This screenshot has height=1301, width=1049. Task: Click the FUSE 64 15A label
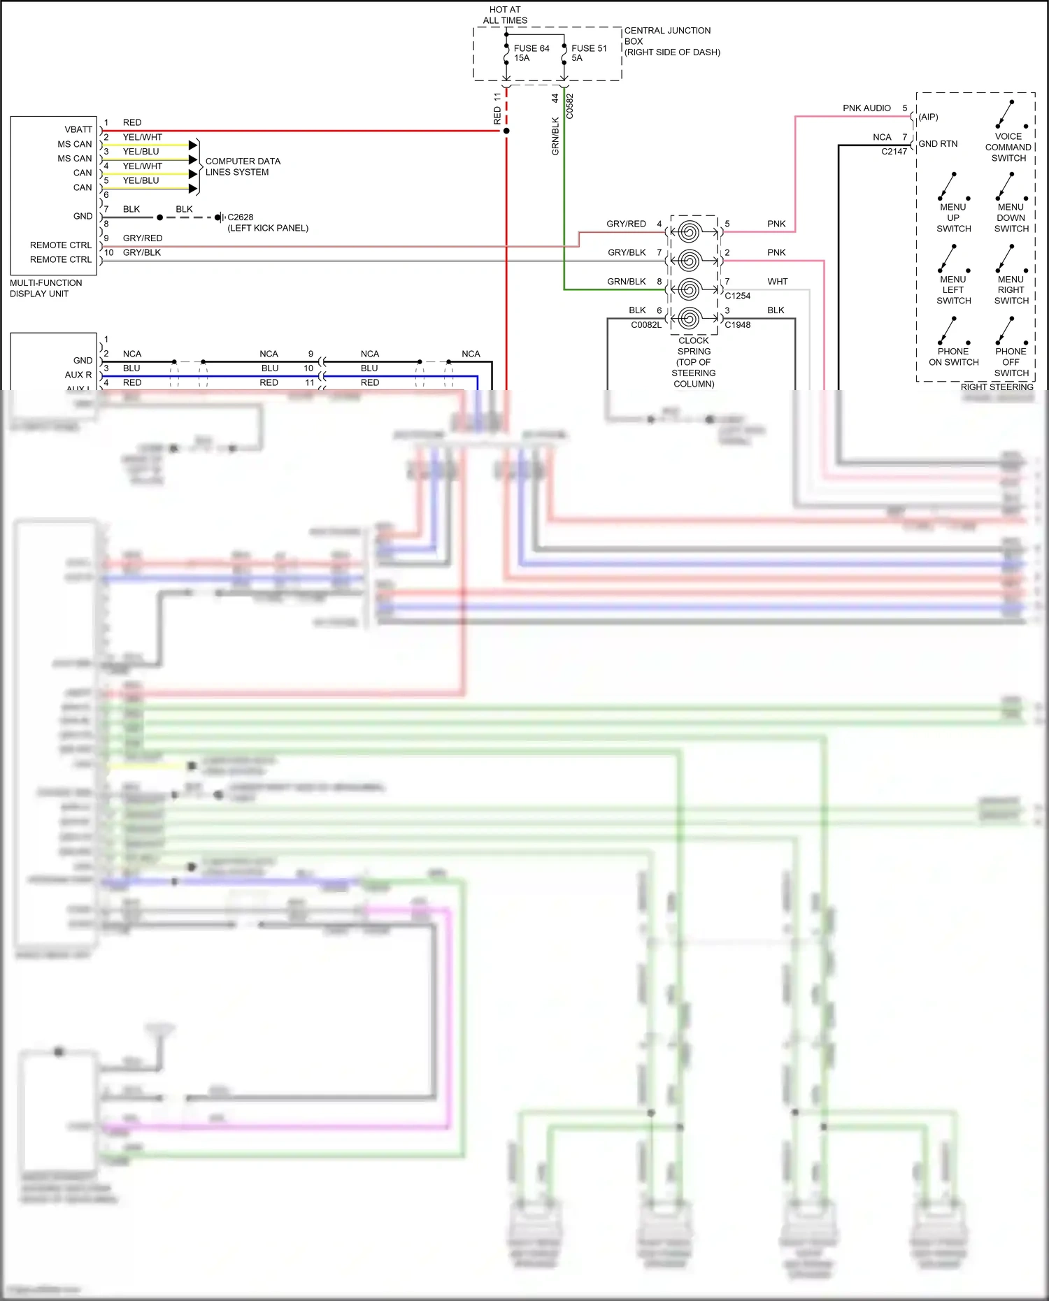(531, 53)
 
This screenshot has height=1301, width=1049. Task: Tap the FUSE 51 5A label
(588, 53)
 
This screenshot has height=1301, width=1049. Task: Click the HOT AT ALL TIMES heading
(505, 15)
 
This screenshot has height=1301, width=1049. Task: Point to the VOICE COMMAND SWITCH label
(1008, 148)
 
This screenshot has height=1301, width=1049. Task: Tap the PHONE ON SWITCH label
(953, 357)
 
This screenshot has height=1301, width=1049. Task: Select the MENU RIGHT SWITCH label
(1011, 290)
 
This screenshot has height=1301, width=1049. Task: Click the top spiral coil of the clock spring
(689, 231)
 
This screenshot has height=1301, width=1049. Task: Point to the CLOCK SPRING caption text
(694, 362)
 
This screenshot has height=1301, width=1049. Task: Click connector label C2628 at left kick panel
(241, 217)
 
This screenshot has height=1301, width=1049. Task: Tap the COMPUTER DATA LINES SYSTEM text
(242, 166)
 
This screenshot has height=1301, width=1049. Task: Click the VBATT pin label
(78, 129)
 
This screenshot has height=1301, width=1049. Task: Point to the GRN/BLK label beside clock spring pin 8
(626, 282)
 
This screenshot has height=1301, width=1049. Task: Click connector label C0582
(569, 106)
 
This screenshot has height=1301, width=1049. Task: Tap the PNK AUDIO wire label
(866, 108)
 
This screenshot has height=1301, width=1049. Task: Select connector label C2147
(894, 152)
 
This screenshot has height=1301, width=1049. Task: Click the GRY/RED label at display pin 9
(143, 238)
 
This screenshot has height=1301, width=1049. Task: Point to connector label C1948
(737, 325)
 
